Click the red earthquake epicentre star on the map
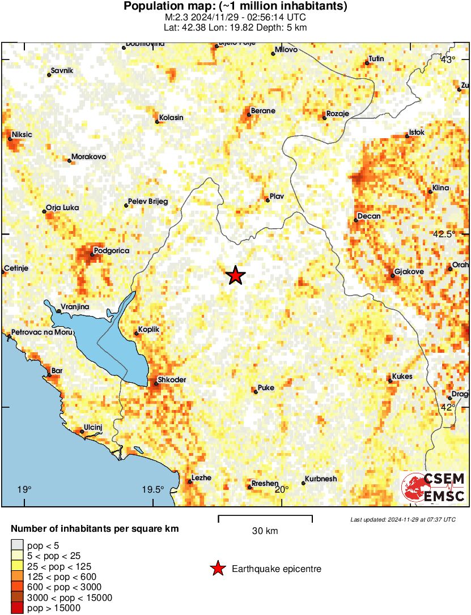click(236, 276)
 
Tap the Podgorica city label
click(112, 250)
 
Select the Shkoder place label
click(172, 379)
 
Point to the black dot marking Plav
click(267, 199)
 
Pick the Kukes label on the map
click(402, 377)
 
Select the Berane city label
click(263, 111)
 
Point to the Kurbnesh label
click(321, 479)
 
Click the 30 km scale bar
click(265, 516)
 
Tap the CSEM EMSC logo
click(434, 488)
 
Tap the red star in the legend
click(217, 569)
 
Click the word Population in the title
click(152, 7)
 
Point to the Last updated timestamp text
click(402, 519)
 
